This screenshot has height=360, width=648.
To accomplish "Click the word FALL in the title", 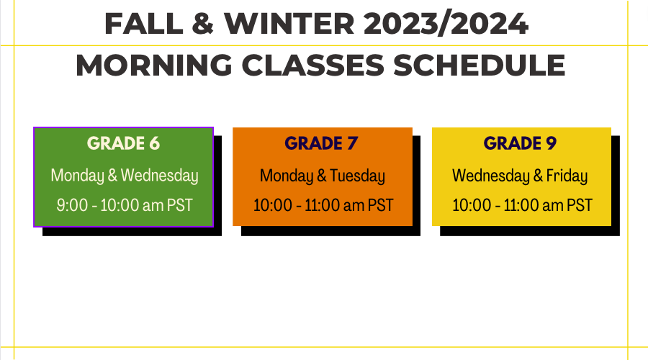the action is click(144, 24).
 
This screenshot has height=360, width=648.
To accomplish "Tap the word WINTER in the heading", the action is click(289, 24).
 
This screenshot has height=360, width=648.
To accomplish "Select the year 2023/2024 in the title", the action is click(446, 24).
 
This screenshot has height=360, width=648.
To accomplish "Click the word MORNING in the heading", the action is click(154, 66).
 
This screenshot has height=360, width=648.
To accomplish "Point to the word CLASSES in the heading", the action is click(313, 66).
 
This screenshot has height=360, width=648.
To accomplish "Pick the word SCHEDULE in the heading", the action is click(479, 66).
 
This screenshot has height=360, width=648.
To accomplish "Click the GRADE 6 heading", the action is click(123, 143).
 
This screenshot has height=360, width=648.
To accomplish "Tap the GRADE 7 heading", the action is click(321, 143).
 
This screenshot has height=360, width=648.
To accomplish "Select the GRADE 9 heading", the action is click(520, 143).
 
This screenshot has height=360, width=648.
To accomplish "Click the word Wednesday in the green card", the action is click(160, 176).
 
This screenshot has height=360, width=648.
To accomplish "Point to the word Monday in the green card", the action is click(77, 176).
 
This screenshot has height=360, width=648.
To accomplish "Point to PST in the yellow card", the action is click(579, 205).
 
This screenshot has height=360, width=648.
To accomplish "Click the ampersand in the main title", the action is click(203, 24).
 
